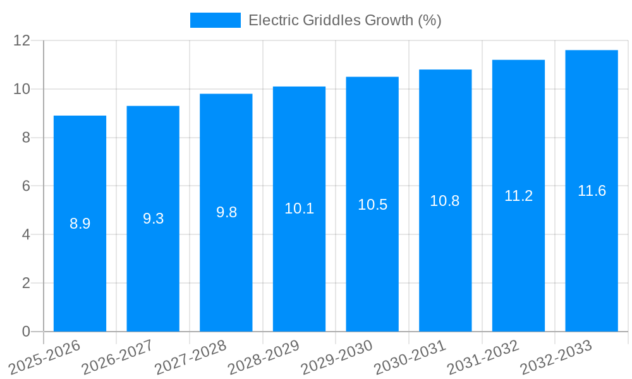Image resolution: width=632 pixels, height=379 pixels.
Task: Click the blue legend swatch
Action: coord(215,20)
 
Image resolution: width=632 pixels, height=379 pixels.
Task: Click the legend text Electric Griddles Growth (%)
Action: coord(344,20)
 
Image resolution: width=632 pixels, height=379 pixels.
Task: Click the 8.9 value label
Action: coord(80,224)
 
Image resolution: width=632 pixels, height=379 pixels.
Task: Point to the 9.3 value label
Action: coord(153,219)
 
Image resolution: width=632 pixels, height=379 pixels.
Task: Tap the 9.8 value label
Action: coord(226,212)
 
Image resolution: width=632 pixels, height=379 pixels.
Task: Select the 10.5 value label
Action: coord(372,205)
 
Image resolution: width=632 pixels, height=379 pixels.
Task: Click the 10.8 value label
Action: coord(445,201)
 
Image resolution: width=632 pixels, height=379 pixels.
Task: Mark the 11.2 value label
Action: coord(518,196)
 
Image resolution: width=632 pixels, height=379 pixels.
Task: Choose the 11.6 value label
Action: coord(592,191)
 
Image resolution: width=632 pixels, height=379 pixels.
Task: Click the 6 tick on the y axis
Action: coord(26,186)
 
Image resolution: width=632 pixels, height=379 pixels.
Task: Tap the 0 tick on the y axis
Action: coord(26,332)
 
